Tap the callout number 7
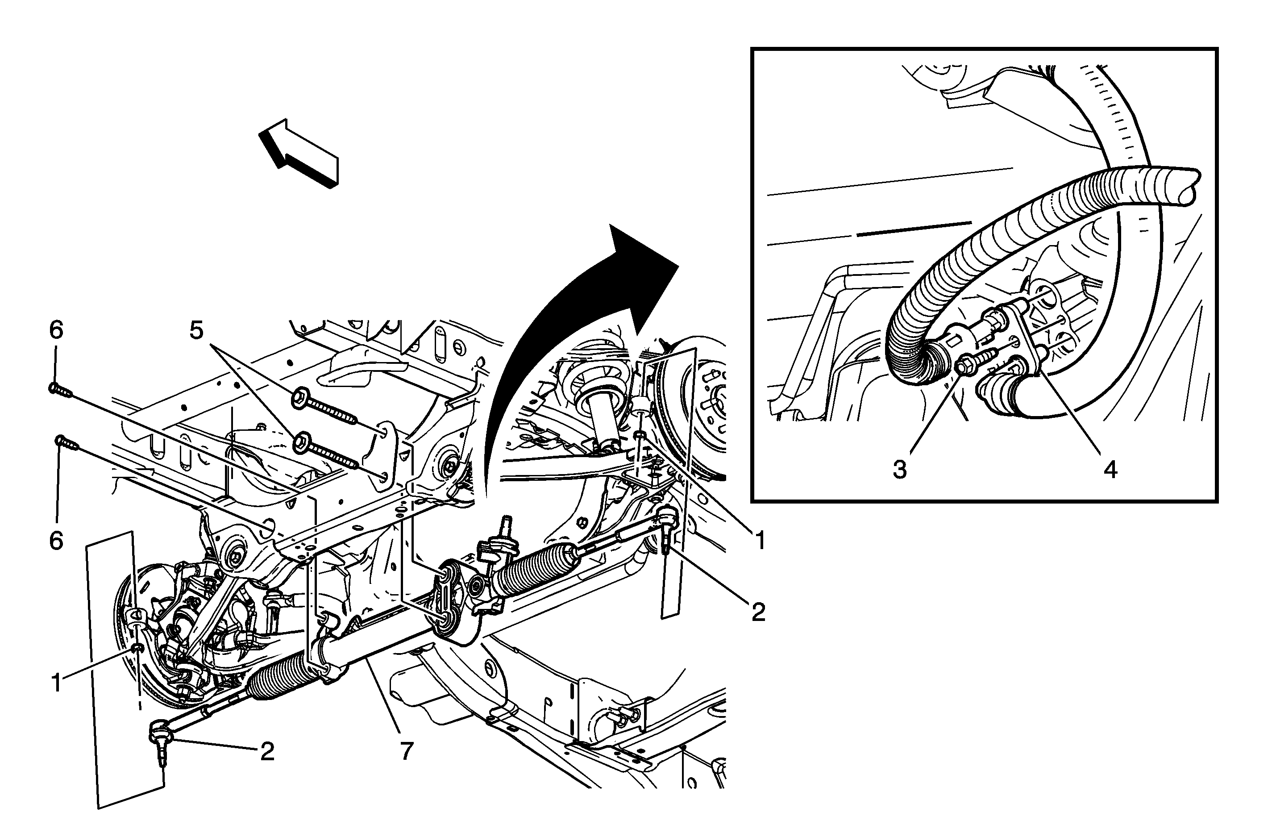[x=407, y=751]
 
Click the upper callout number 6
[x=56, y=330]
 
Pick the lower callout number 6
[x=56, y=541]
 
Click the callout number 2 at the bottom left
[x=267, y=751]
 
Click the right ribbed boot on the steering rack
[x=536, y=573]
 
